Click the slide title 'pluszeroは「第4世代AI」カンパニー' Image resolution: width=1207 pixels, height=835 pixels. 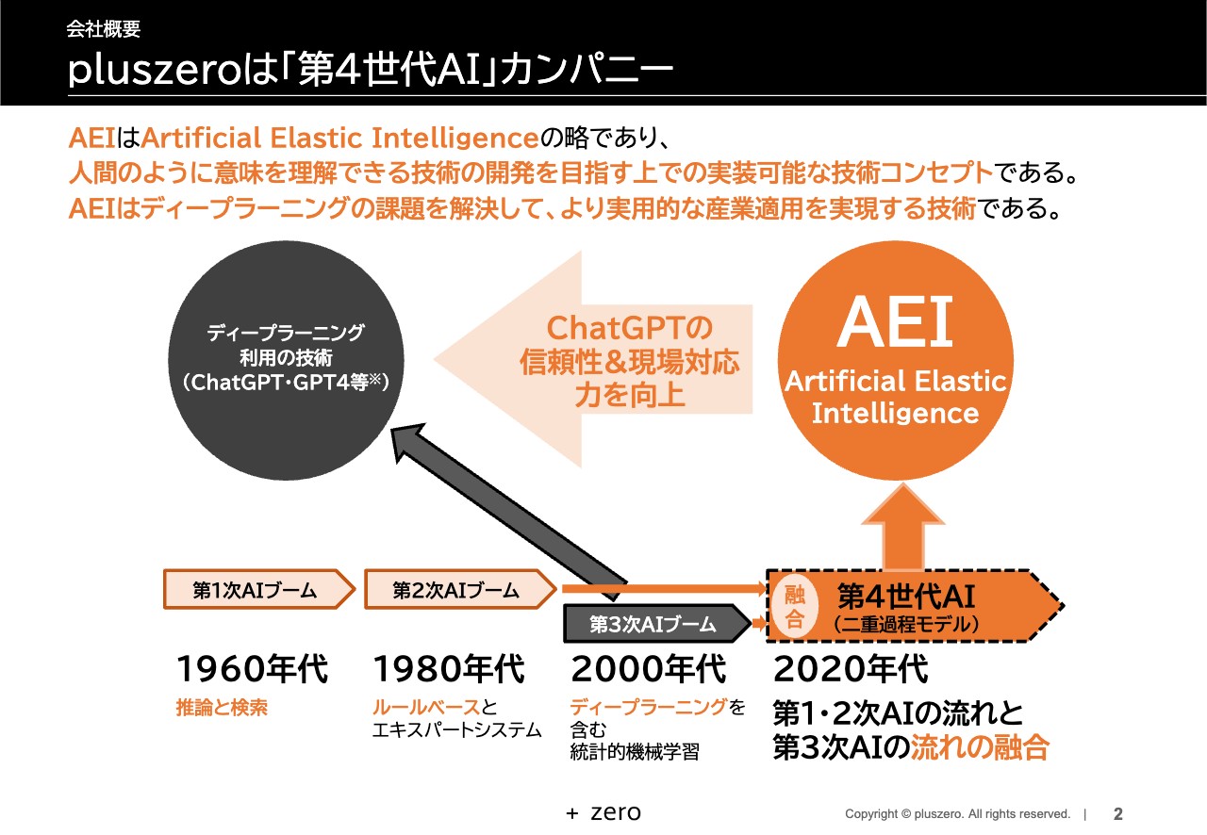coord(370,72)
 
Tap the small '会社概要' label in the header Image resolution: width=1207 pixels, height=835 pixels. coord(104,29)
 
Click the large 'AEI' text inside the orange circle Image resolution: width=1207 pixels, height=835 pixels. coord(895,322)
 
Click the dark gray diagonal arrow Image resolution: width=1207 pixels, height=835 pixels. coord(509,505)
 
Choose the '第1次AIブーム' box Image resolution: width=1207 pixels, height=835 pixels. coord(256,591)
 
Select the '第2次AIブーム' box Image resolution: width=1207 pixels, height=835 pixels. coord(456,591)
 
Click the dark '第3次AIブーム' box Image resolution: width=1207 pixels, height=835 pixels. coord(653,624)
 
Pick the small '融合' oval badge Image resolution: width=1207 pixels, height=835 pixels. coord(795,606)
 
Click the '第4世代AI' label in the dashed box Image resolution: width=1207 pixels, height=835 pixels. coord(905,596)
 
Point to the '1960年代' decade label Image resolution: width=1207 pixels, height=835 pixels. coord(252,670)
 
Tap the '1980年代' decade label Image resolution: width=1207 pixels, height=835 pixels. coord(449,670)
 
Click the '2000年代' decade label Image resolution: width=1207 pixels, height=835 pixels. coord(649,670)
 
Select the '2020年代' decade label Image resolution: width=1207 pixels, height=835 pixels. coord(851,670)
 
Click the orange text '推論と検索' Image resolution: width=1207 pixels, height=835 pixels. coord(222,709)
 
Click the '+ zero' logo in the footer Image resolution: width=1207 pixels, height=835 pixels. coord(603,812)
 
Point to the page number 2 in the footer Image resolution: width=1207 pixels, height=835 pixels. coord(1118,813)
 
